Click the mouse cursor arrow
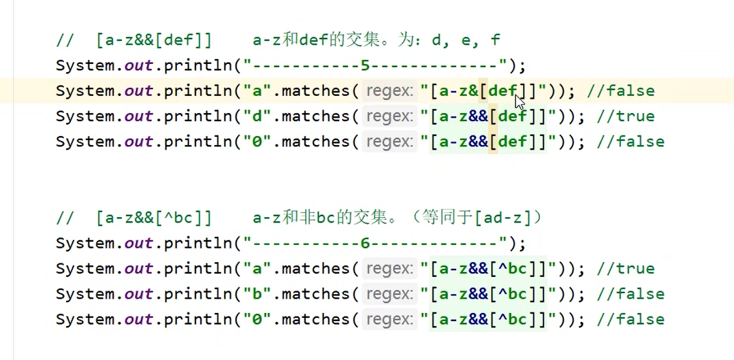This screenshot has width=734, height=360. [x=520, y=103]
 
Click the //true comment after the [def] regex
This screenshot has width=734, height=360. [x=625, y=116]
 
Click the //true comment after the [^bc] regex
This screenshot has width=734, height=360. [x=625, y=268]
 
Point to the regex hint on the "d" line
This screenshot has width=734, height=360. [x=389, y=116]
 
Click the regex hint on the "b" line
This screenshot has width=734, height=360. [x=389, y=294]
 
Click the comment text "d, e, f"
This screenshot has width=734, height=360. [x=466, y=40]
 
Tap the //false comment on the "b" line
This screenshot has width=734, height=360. [x=630, y=294]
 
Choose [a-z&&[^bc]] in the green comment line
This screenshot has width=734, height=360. [x=154, y=218]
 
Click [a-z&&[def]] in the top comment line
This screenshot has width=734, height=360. [x=154, y=40]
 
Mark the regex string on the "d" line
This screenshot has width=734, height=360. [x=486, y=116]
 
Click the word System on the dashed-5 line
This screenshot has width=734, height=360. [x=86, y=66]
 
